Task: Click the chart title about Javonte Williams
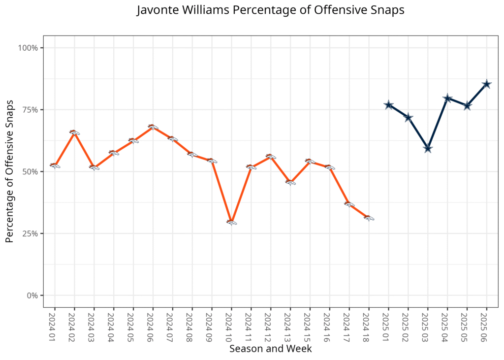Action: tap(270, 10)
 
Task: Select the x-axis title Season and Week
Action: tap(270, 349)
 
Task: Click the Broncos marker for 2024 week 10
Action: tap(231, 222)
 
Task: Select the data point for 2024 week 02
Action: tap(74, 132)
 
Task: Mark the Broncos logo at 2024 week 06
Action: tap(153, 127)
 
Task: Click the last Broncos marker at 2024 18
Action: tap(369, 218)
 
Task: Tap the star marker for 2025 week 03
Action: tap(428, 148)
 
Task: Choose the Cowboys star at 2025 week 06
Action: tap(486, 84)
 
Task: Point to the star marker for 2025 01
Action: tap(388, 105)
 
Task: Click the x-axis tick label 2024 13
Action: tap(290, 324)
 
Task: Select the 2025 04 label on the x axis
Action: tap(447, 324)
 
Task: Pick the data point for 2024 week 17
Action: tap(349, 204)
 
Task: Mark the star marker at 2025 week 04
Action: tap(447, 98)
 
